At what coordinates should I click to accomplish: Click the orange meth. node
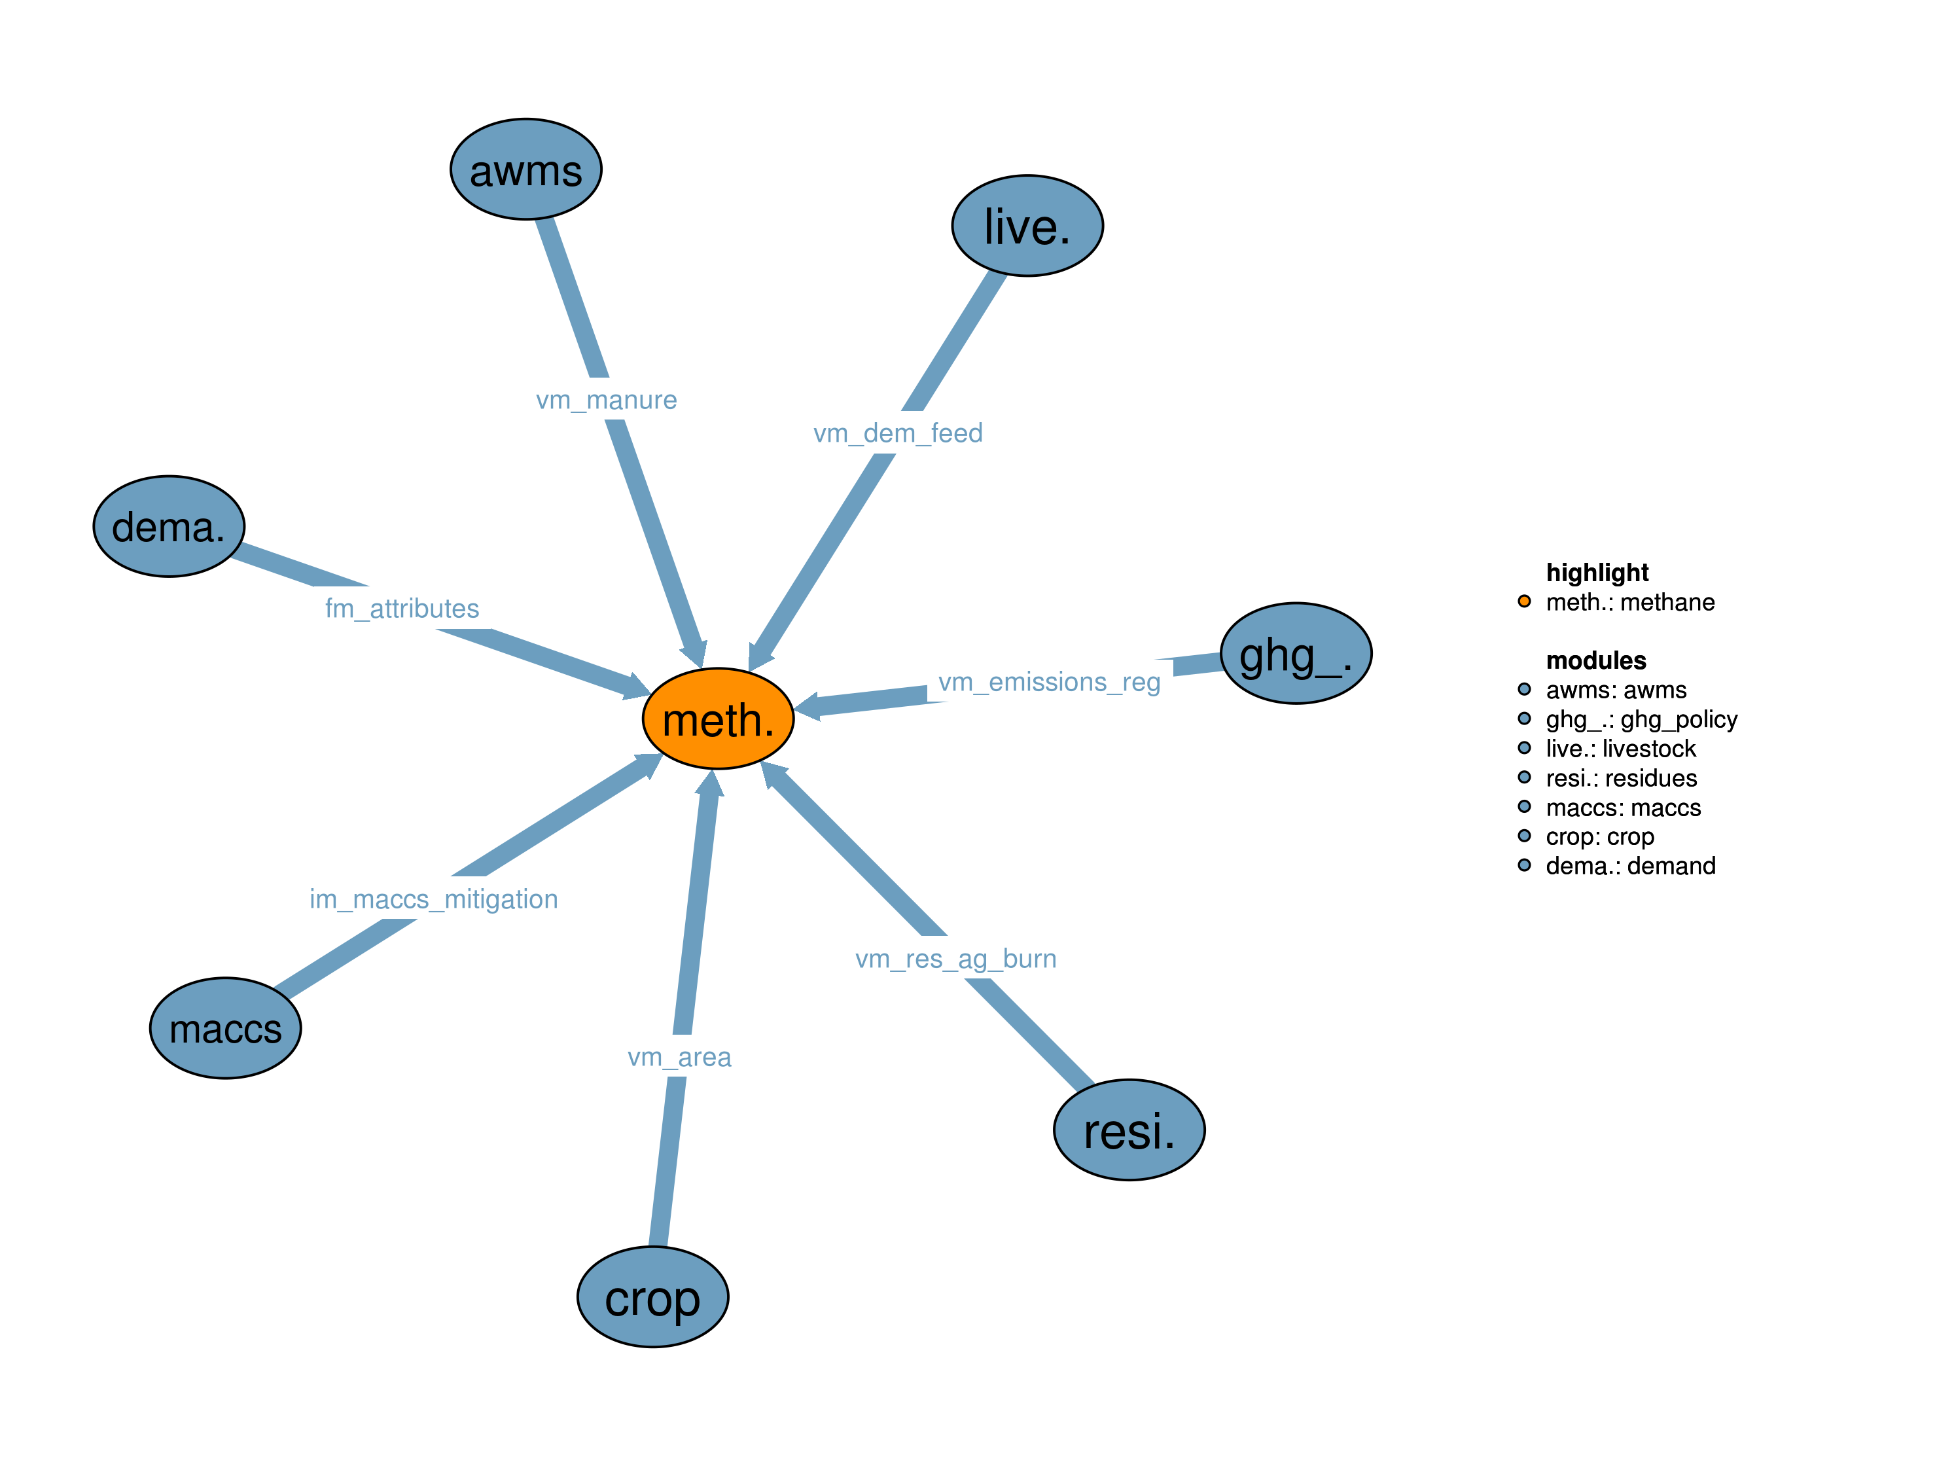tap(717, 719)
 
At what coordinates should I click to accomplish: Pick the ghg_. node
tap(1295, 653)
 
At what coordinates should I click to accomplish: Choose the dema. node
tap(169, 527)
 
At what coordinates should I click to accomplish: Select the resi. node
tap(1129, 1130)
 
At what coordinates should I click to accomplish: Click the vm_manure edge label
tap(606, 401)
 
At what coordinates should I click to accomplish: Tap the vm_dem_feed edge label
tap(898, 433)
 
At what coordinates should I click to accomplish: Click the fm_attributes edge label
tap(402, 608)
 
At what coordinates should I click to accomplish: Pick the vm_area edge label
tap(679, 1057)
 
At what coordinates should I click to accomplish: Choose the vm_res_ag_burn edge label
tap(956, 959)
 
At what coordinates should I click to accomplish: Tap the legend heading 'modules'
tap(1595, 660)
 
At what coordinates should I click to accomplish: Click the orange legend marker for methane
tap(1524, 601)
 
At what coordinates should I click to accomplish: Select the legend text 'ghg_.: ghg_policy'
tap(1641, 719)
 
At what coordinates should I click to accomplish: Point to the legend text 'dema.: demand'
tap(1630, 866)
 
